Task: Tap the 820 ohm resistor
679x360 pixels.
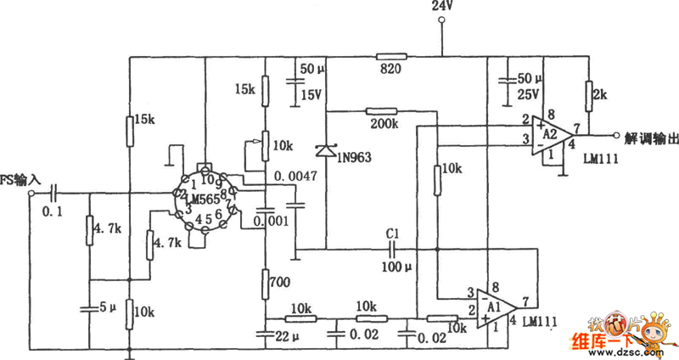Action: pyautogui.click(x=392, y=57)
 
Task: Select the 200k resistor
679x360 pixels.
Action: pyautogui.click(x=381, y=111)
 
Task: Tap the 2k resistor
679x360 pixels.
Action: pyautogui.click(x=587, y=91)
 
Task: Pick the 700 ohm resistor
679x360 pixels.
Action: pyautogui.click(x=265, y=280)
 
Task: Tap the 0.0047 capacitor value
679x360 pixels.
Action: pyautogui.click(x=291, y=177)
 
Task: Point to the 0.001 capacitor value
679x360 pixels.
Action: pyautogui.click(x=272, y=222)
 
